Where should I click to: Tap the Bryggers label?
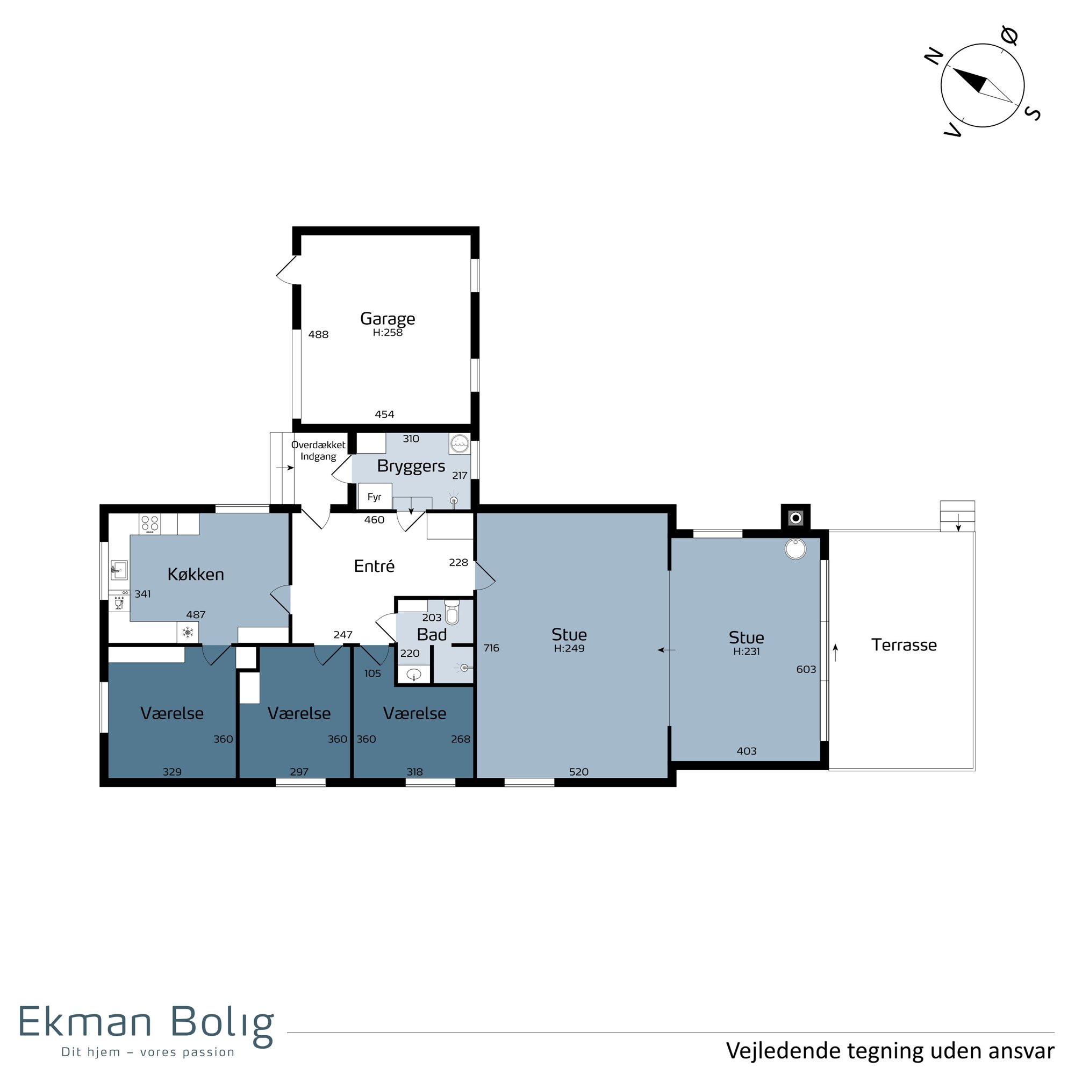click(411, 466)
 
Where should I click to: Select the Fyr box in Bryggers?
click(375, 496)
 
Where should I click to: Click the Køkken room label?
click(196, 574)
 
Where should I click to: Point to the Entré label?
click(374, 566)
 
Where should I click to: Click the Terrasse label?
click(904, 645)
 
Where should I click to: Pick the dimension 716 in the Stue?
click(491, 648)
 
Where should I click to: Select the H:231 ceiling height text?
click(746, 651)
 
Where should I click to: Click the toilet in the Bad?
click(452, 612)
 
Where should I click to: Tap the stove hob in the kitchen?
click(149, 524)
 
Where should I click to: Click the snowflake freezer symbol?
click(188, 633)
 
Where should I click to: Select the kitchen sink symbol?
click(118, 570)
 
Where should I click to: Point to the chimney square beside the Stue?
click(795, 518)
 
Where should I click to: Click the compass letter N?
click(934, 56)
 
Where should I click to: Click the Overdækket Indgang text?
click(318, 451)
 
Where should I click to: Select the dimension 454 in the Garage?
click(384, 414)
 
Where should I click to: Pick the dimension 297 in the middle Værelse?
click(299, 772)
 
